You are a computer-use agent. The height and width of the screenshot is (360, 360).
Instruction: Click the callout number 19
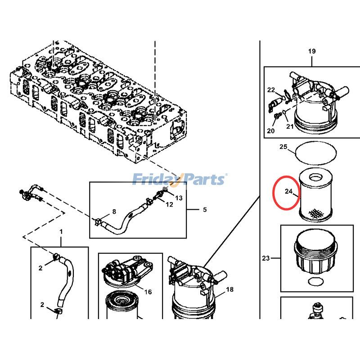pos(312,51)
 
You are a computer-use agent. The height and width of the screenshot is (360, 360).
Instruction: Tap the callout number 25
pos(283,147)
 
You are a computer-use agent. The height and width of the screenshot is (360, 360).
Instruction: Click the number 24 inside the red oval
pos(288,192)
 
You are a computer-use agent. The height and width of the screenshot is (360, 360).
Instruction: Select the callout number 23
pos(265,258)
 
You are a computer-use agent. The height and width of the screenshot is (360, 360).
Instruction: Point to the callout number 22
pos(271,90)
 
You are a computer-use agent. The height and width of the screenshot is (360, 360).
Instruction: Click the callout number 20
pos(270,131)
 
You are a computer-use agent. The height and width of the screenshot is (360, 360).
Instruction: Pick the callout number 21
pos(290,126)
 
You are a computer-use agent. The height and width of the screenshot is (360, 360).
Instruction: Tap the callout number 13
pos(179,198)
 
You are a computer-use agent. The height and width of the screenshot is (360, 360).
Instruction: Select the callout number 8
pos(114,211)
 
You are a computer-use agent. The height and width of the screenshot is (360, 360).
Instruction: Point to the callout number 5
pos(205,210)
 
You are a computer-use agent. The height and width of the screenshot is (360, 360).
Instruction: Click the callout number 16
pos(148,292)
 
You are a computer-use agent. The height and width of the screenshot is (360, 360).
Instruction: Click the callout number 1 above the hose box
pos(61,231)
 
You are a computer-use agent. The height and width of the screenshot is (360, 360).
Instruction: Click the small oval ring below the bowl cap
pos(315,281)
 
